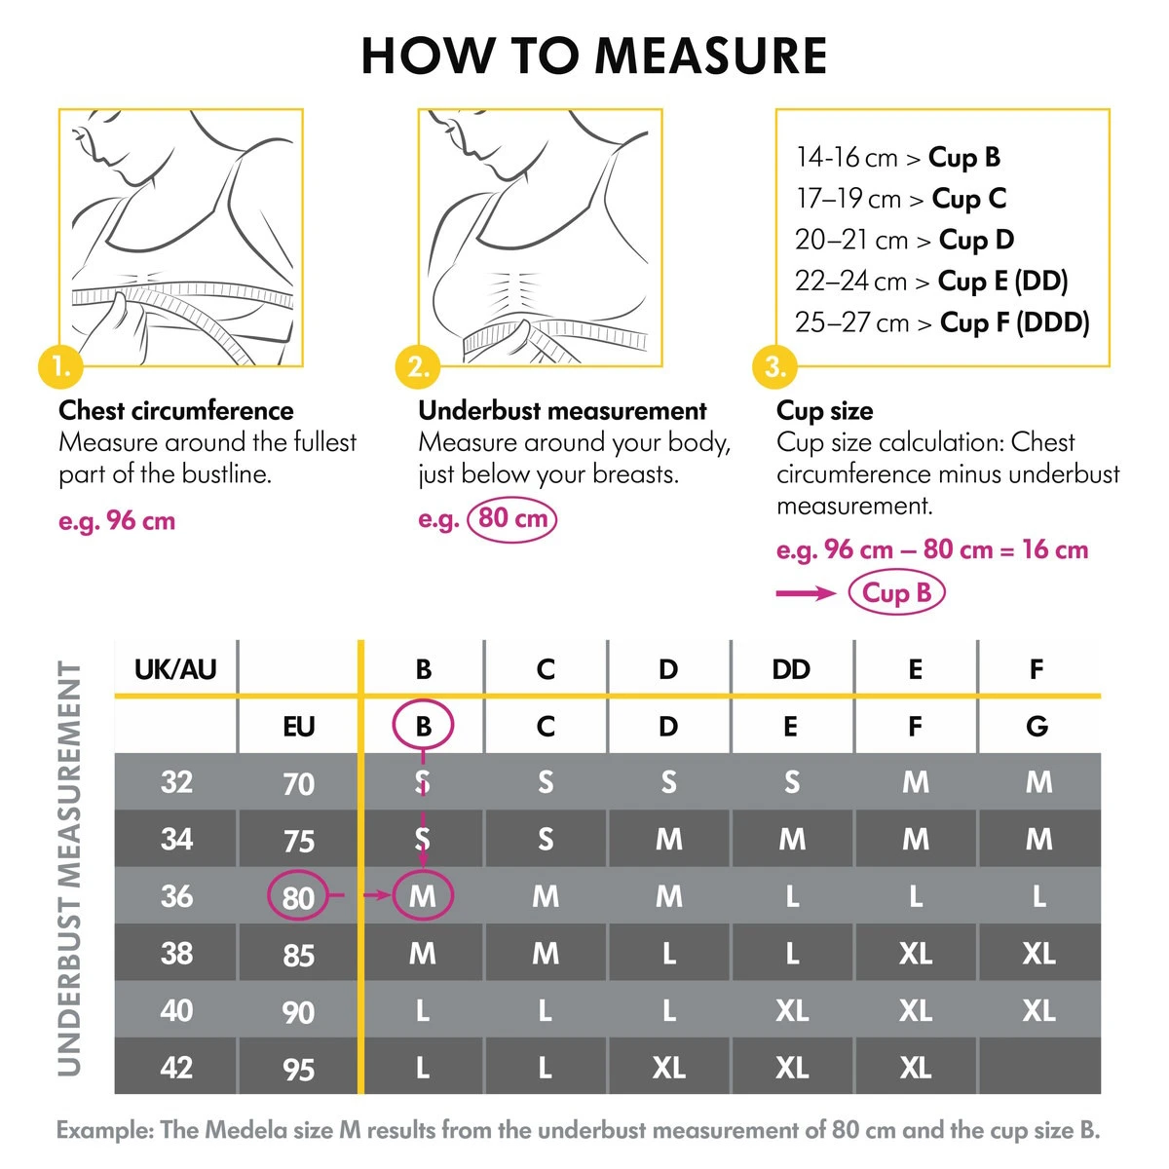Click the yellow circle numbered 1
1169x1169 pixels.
coord(60,367)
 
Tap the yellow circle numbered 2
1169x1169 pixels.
coord(419,367)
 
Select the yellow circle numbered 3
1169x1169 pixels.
coord(775,367)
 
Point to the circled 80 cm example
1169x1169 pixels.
coord(512,518)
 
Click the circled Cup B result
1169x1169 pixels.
coord(896,592)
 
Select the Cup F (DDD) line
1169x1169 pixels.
coord(942,322)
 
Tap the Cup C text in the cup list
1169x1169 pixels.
coord(968,199)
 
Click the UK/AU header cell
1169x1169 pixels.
coord(175,669)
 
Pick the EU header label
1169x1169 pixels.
coord(298,727)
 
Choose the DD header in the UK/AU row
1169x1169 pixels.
coord(791,669)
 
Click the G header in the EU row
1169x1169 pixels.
coord(1037,727)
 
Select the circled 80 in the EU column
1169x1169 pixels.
coord(298,896)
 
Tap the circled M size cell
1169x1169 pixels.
coord(423,896)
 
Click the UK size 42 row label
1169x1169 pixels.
coord(175,1068)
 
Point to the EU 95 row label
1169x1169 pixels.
coord(298,1069)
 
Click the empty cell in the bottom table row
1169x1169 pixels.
coord(1038,1068)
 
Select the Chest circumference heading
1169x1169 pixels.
coord(176,411)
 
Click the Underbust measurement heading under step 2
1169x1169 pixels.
coord(562,411)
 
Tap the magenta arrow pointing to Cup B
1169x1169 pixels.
coord(806,593)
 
